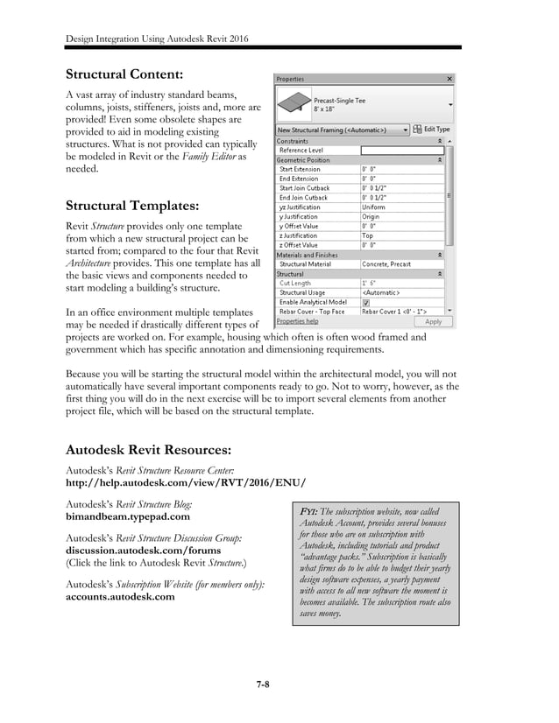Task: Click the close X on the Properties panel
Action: point(449,79)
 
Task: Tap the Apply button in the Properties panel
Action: point(433,321)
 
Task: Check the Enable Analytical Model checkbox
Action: point(366,301)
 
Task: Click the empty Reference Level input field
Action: point(401,151)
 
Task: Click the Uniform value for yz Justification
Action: point(374,207)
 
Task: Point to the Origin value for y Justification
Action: point(372,216)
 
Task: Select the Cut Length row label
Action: point(294,283)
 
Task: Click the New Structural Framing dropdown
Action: point(343,130)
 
